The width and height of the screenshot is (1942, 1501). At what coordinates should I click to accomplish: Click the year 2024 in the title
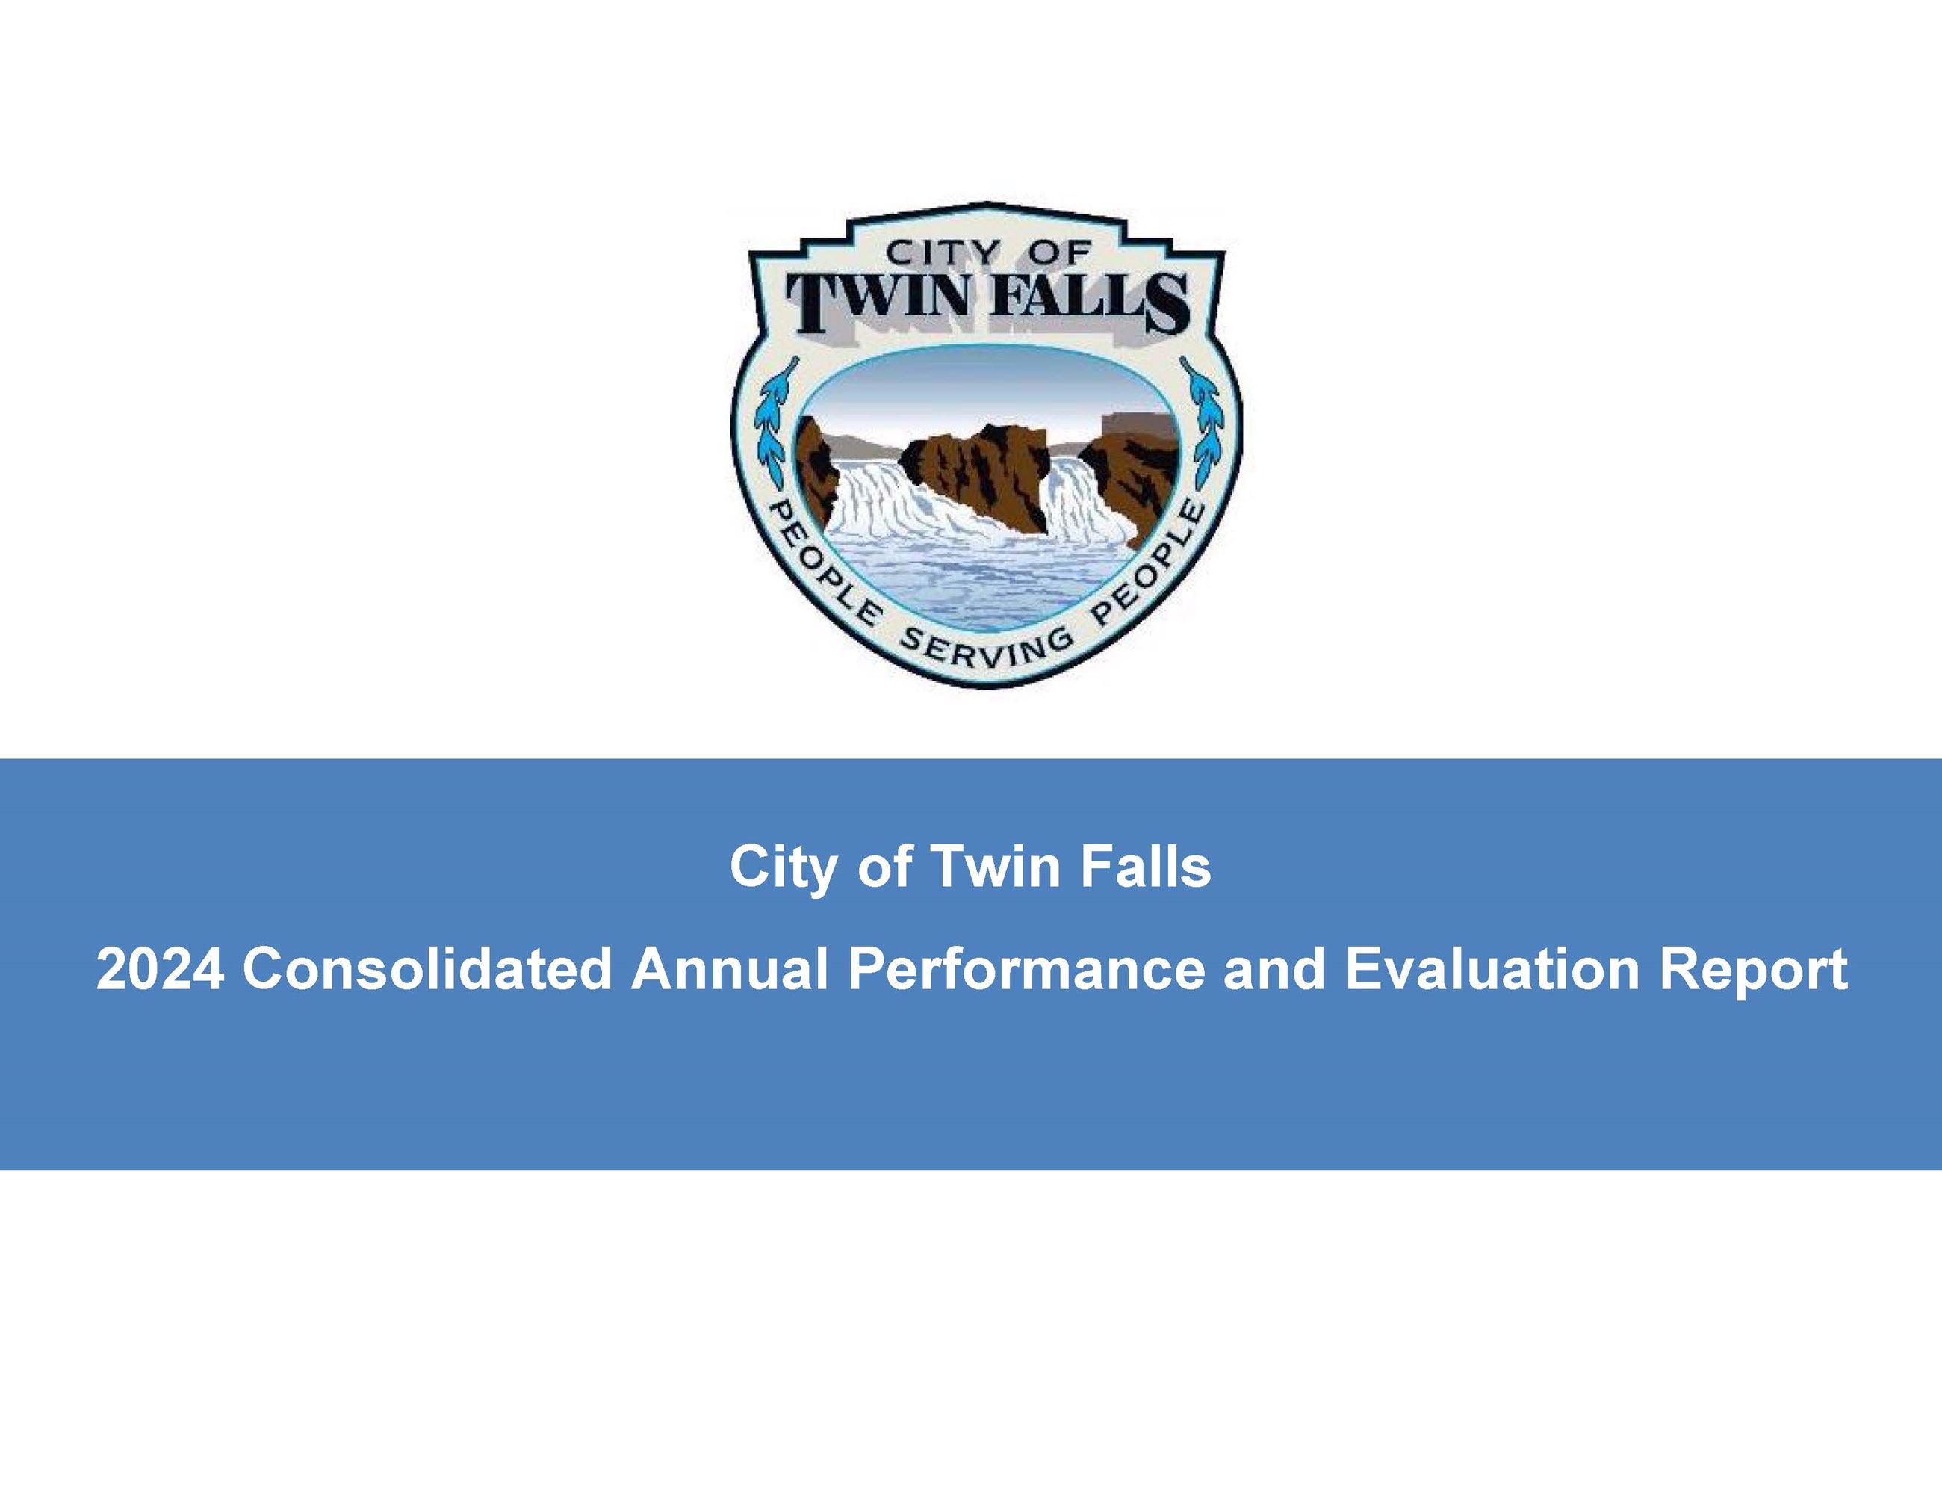pyautogui.click(x=160, y=968)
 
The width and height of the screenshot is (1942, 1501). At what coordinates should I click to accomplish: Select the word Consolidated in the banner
pyautogui.click(x=426, y=968)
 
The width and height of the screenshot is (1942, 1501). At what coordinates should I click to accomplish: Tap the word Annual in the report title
pyautogui.click(x=729, y=968)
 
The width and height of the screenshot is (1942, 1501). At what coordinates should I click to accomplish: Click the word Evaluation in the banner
pyautogui.click(x=1491, y=968)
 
